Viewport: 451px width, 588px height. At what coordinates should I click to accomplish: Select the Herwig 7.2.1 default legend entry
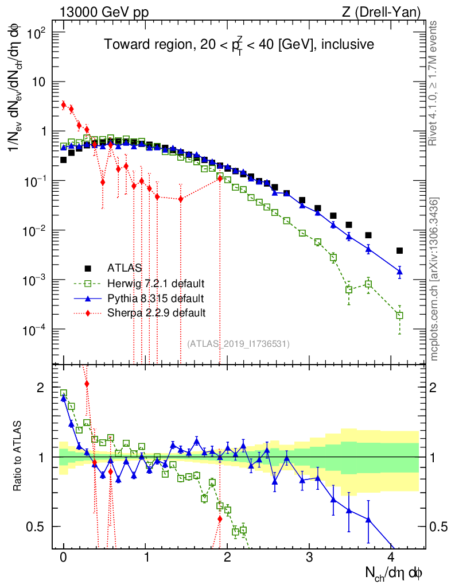pyautogui.click(x=155, y=283)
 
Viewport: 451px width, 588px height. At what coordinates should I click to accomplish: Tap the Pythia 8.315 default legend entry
pyautogui.click(x=155, y=298)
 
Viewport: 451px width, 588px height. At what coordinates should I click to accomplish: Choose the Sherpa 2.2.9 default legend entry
pyautogui.click(x=156, y=313)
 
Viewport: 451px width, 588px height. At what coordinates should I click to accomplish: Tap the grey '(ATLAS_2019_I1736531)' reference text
pyautogui.click(x=238, y=344)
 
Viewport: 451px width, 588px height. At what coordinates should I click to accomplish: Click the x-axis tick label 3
pyautogui.click(x=309, y=558)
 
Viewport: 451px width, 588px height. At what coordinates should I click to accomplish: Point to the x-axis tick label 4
pyautogui.click(x=391, y=558)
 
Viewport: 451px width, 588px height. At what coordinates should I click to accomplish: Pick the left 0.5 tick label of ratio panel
pyautogui.click(x=37, y=527)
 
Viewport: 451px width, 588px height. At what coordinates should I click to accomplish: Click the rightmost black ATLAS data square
pyautogui.click(x=399, y=250)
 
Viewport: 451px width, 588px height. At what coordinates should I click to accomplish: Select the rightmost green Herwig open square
pyautogui.click(x=399, y=315)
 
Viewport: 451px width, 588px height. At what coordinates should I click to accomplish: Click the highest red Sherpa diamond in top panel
pyautogui.click(x=64, y=105)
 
